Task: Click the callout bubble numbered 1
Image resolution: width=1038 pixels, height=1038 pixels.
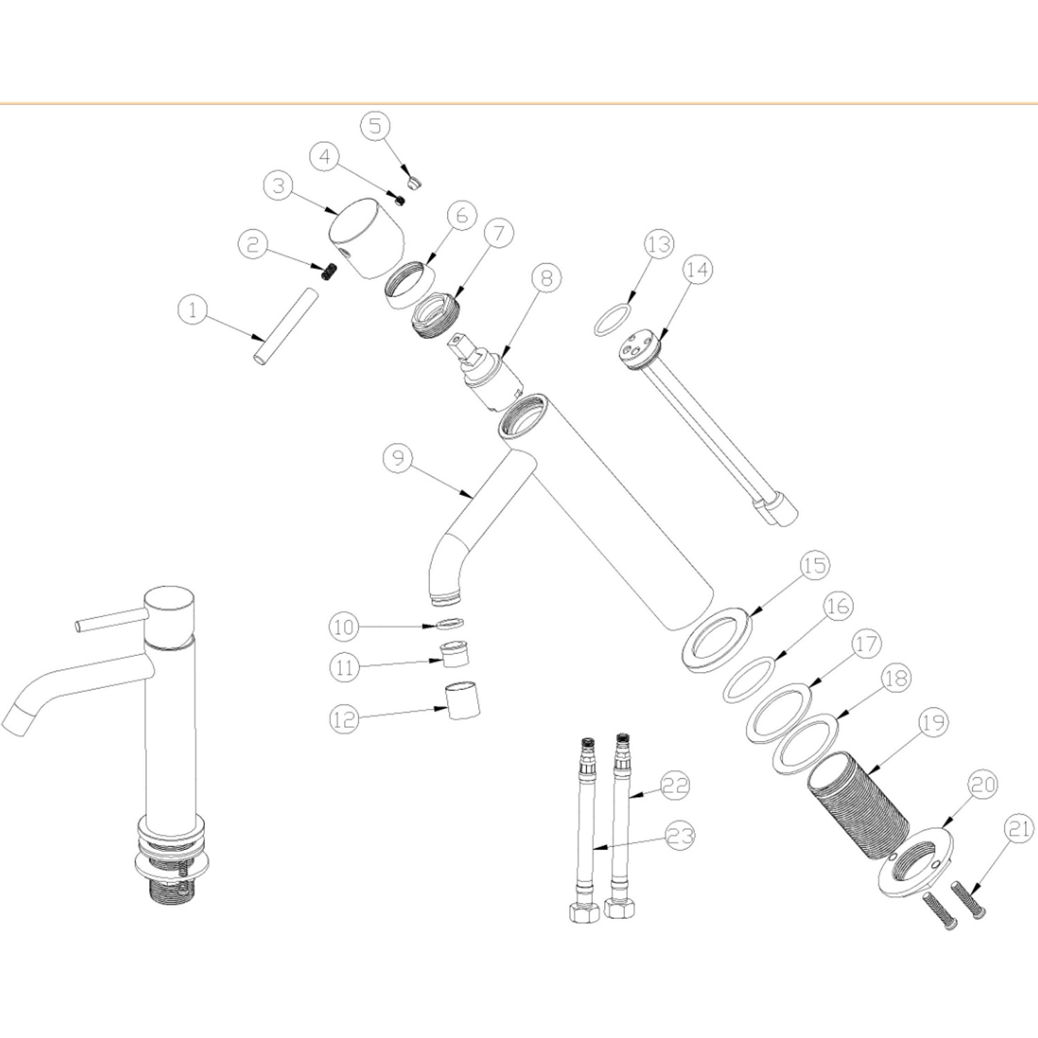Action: pyautogui.click(x=192, y=310)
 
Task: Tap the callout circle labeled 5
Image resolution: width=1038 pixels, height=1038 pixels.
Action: pyautogui.click(x=375, y=126)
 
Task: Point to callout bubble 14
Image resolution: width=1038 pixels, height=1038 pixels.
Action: pyautogui.click(x=698, y=270)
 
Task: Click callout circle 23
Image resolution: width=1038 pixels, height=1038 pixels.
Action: pyautogui.click(x=680, y=836)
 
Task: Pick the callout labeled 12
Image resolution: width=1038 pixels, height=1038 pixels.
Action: pyautogui.click(x=344, y=720)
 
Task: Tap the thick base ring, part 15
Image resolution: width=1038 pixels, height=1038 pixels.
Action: pyautogui.click(x=720, y=637)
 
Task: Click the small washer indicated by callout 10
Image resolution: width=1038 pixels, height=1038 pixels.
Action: pyautogui.click(x=450, y=623)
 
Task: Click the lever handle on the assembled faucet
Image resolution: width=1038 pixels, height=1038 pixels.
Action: pyautogui.click(x=111, y=620)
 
